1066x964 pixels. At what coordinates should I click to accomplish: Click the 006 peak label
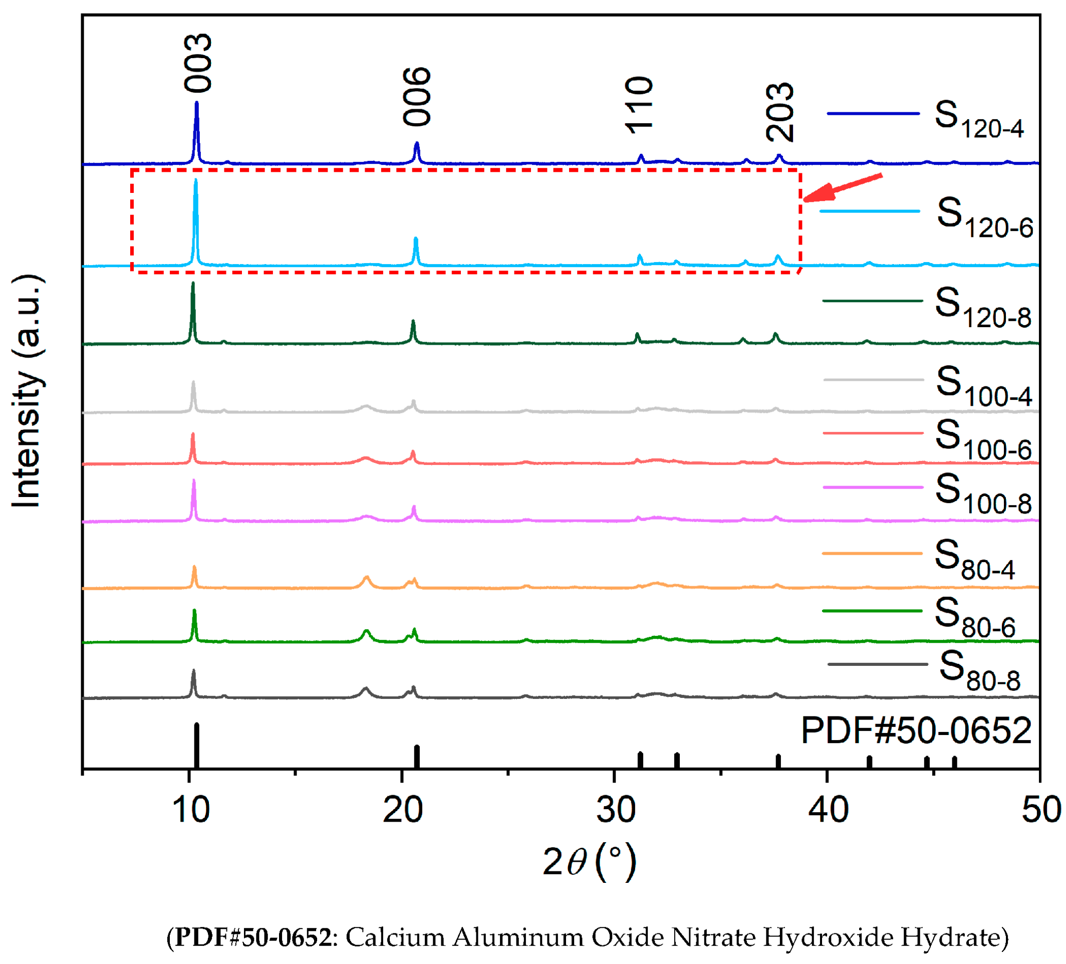417,97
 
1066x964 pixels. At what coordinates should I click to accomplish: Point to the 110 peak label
639,105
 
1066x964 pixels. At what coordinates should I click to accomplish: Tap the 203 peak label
780,112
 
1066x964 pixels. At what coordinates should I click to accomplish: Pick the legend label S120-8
982,308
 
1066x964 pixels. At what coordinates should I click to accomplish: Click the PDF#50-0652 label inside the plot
916,731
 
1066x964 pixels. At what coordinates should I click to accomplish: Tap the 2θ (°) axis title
590,863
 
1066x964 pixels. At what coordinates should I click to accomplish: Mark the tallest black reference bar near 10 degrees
197,746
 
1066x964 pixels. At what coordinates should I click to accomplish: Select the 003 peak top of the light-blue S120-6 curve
196,181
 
